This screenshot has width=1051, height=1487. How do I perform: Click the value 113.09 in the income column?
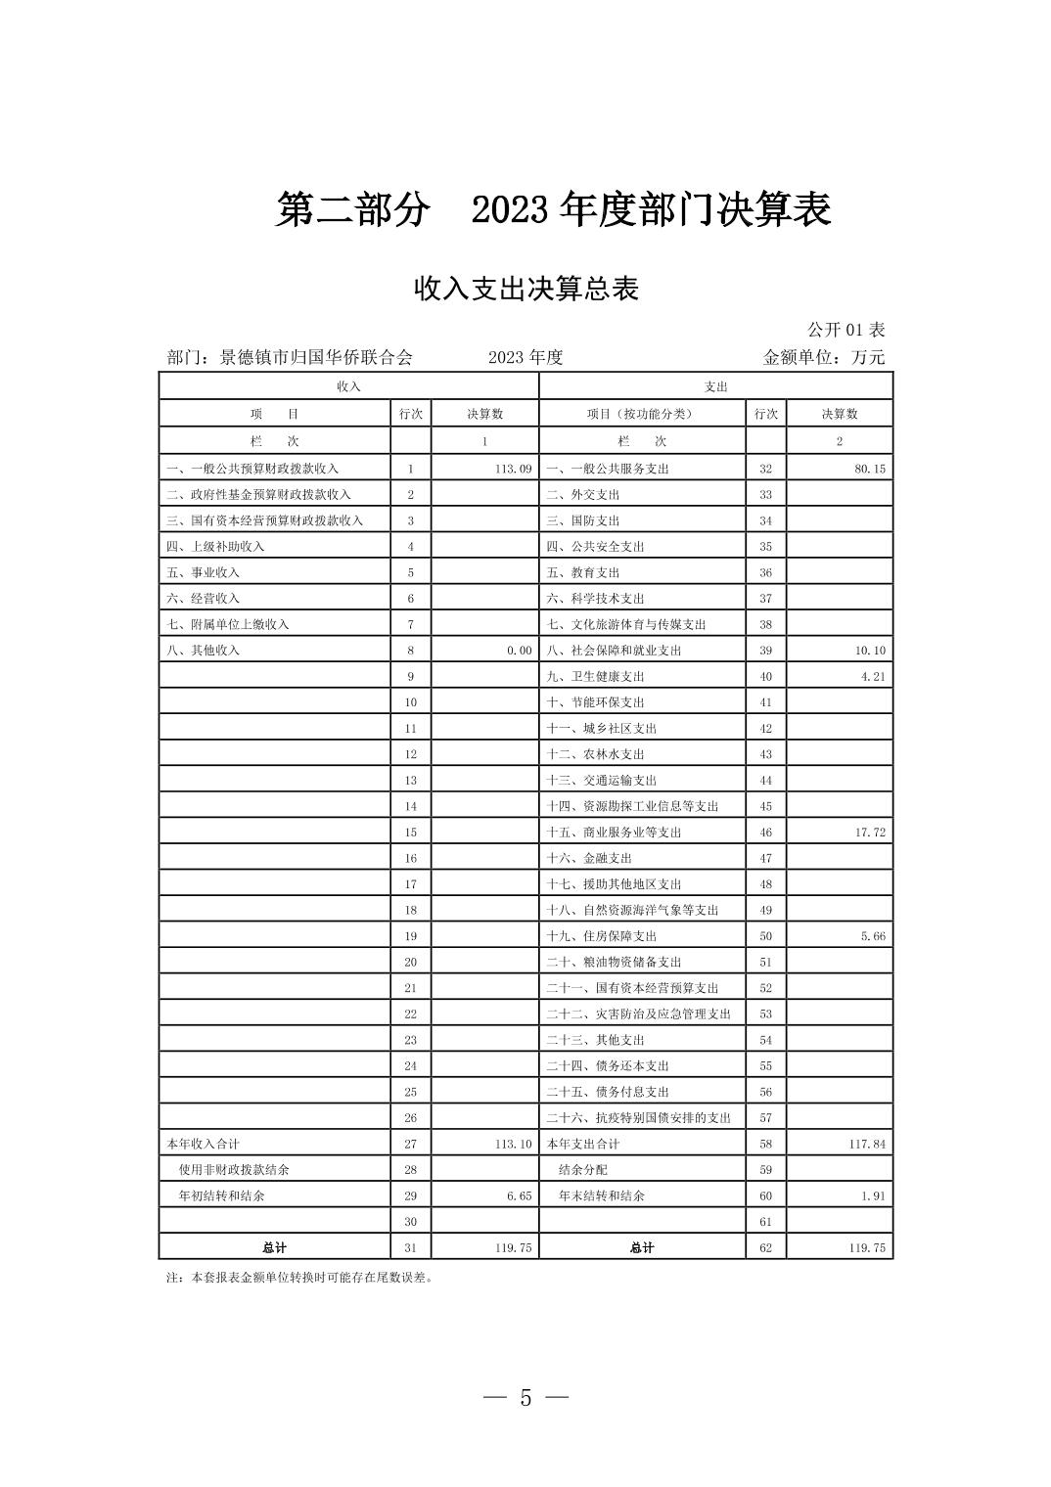tap(513, 469)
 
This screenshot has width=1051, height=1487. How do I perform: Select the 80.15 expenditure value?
tap(869, 469)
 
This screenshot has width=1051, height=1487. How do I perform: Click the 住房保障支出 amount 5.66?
tap(873, 936)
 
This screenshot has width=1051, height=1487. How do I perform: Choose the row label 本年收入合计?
tap(204, 1144)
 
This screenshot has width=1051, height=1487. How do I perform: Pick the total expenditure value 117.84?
tap(867, 1144)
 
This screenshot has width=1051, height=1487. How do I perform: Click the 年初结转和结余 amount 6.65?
tap(519, 1195)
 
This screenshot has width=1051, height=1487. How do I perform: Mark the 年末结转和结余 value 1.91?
tap(873, 1195)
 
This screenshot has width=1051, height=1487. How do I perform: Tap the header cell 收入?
tap(348, 386)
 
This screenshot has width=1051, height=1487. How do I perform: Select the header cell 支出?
tap(715, 386)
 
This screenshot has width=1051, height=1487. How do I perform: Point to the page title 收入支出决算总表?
tap(525, 289)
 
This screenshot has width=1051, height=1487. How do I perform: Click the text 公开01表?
tap(845, 330)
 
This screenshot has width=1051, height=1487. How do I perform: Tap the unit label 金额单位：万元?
tap(823, 357)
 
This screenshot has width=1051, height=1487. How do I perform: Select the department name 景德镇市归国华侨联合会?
tap(315, 357)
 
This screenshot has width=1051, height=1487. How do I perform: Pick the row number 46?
tap(765, 833)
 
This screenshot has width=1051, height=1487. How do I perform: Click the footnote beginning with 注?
tap(299, 1277)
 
